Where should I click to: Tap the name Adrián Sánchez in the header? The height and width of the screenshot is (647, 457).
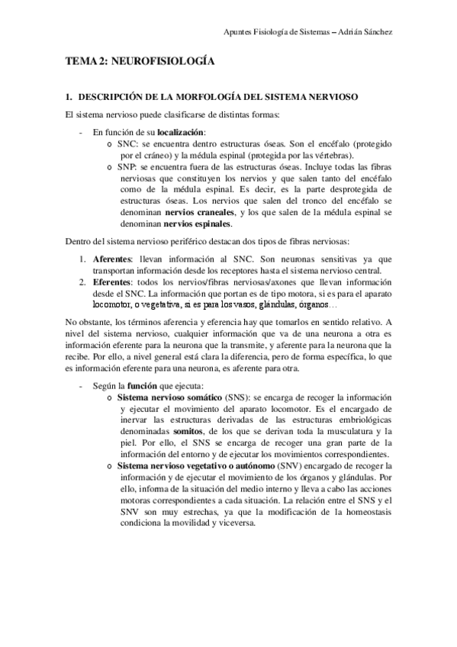click(365, 31)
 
